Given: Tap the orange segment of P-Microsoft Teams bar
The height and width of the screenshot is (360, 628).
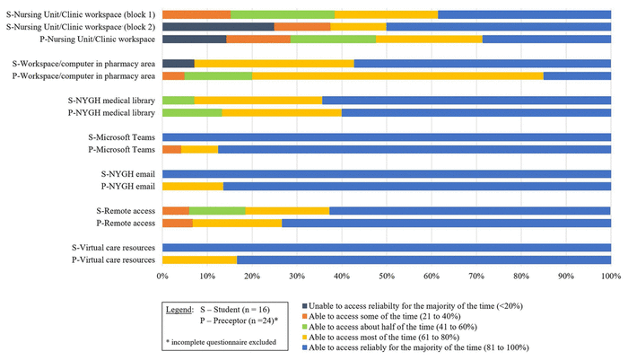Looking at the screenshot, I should [x=172, y=149].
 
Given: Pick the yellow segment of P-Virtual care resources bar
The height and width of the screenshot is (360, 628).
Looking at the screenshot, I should [x=199, y=259].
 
